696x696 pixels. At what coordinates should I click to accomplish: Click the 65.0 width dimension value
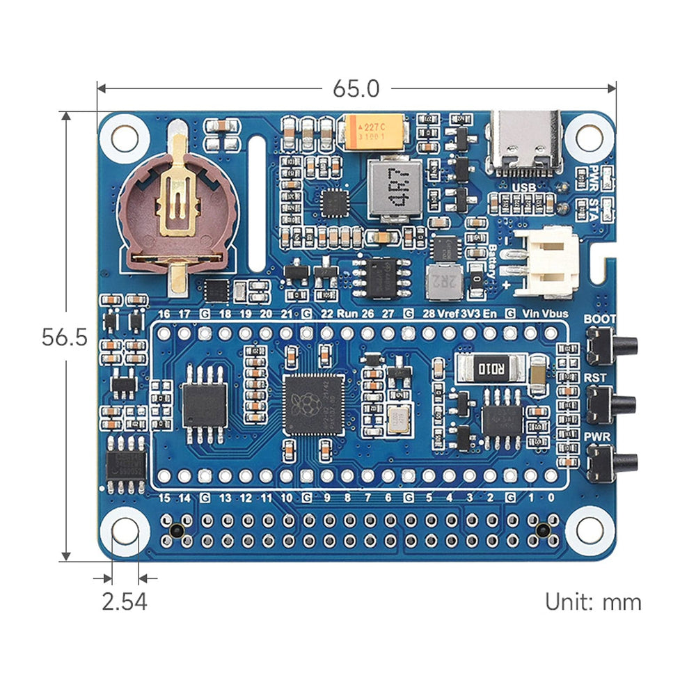(356, 88)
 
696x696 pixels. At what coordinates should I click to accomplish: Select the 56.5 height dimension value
(64, 338)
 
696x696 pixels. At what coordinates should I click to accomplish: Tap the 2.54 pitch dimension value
(125, 601)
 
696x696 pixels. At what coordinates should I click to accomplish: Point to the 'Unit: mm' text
(593, 601)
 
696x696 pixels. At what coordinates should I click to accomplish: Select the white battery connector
(550, 262)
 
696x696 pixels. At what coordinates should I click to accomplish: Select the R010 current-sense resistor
(491, 366)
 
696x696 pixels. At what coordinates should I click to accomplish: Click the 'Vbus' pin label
(555, 314)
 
